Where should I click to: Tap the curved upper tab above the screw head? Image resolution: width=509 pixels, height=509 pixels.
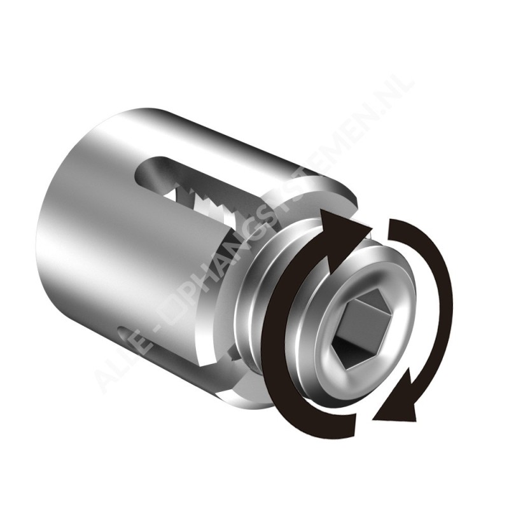(x=305, y=191)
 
